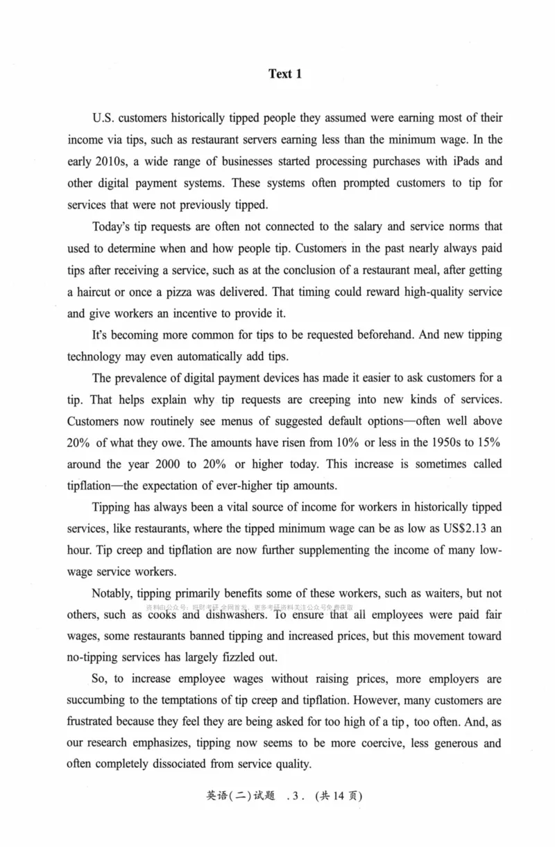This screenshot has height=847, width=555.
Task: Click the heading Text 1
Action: [285, 74]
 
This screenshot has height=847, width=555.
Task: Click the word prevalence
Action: [155, 378]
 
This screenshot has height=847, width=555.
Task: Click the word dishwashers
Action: [234, 615]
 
